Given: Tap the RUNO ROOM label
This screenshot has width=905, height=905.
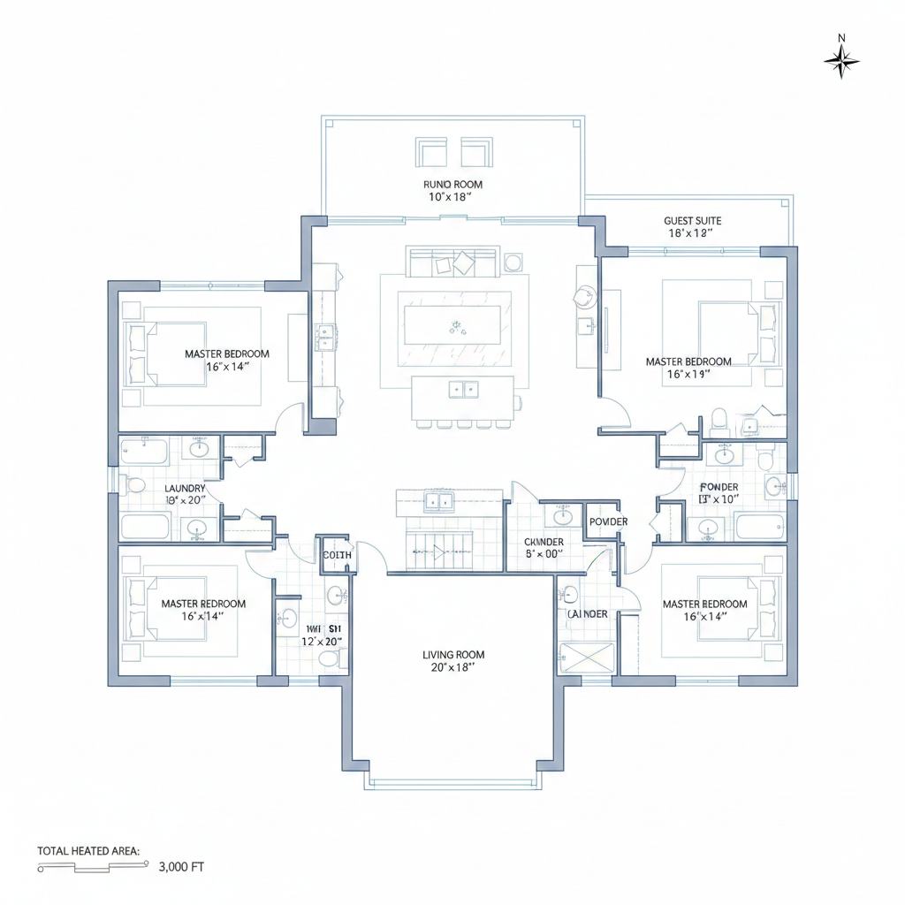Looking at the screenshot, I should (452, 185).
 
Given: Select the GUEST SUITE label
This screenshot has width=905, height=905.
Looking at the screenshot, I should (692, 221).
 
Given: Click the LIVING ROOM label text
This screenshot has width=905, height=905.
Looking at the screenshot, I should (453, 655).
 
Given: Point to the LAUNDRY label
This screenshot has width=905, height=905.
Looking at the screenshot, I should (185, 488).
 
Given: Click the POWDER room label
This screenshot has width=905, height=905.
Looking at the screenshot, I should (608, 521).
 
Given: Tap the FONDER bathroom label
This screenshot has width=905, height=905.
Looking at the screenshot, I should (719, 487).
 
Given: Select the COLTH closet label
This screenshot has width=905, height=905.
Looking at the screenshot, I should (337, 555).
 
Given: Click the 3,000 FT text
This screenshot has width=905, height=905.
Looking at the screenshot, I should (181, 867).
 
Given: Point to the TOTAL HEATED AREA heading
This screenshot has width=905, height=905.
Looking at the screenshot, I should (88, 850).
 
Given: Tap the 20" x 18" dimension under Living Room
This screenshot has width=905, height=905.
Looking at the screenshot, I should (453, 668).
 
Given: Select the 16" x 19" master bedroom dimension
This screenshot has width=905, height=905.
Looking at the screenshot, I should (688, 374).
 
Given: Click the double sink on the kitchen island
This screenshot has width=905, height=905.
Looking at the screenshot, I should (461, 388).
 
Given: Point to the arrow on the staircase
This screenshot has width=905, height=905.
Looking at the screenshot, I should (436, 553).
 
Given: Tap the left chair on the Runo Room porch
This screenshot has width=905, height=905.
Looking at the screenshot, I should (432, 152).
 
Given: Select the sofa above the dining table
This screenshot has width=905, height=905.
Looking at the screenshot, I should (452, 262).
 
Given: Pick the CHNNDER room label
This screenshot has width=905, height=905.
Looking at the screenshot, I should (544, 542).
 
